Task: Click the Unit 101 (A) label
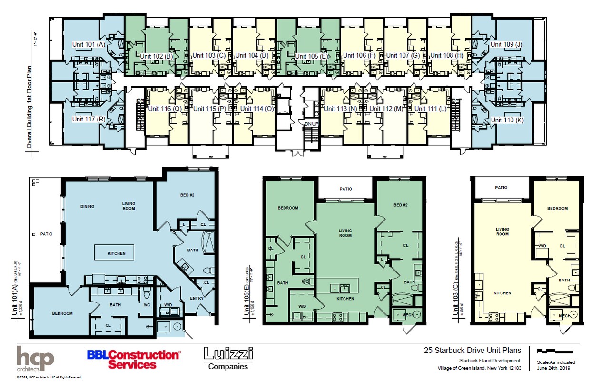pyautogui.click(x=88, y=44)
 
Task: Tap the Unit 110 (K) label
pyautogui.click(x=507, y=120)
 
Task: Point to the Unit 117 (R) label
pyautogui.click(x=88, y=119)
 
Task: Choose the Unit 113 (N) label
pyautogui.click(x=340, y=109)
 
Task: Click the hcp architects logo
pyautogui.click(x=36, y=359)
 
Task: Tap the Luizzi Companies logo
pyautogui.click(x=228, y=359)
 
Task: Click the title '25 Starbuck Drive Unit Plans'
pyautogui.click(x=472, y=351)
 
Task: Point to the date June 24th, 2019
pyautogui.click(x=553, y=368)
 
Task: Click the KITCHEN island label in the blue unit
pyautogui.click(x=116, y=253)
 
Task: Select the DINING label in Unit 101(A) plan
pyautogui.click(x=88, y=206)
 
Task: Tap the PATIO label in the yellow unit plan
pyautogui.click(x=501, y=188)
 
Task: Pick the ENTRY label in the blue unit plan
pyautogui.click(x=196, y=299)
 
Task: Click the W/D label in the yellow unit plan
pyautogui.click(x=541, y=246)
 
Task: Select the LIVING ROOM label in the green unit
pyautogui.click(x=345, y=233)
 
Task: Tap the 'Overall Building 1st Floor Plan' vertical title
pyautogui.click(x=29, y=107)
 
